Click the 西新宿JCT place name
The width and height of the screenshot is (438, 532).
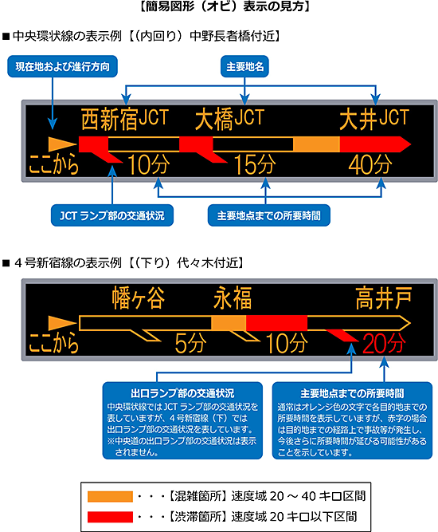point(125,119)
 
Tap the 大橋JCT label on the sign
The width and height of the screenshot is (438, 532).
point(229,119)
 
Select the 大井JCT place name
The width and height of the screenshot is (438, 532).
point(374,119)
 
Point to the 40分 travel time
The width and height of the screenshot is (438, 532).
point(370,165)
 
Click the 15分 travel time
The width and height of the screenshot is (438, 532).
point(256,165)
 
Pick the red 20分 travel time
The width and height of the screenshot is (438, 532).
point(384,343)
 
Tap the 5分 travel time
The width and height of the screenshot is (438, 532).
point(190,343)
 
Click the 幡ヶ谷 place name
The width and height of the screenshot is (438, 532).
point(139,298)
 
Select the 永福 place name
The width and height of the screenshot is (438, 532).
point(233,298)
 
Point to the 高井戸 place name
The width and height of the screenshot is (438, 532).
point(384,298)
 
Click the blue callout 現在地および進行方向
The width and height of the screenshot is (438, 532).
point(63,66)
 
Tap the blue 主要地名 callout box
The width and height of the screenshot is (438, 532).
point(244,66)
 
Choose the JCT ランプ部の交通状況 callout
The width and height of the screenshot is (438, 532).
point(112,215)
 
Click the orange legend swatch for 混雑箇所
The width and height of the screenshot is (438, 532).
point(110,496)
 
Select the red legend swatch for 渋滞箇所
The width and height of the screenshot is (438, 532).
point(110,517)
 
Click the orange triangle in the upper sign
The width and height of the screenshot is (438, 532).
point(61,144)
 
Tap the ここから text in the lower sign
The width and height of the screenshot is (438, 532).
point(53,343)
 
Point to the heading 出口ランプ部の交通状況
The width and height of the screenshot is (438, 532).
point(182,393)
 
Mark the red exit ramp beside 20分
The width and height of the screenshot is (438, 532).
point(342,335)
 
